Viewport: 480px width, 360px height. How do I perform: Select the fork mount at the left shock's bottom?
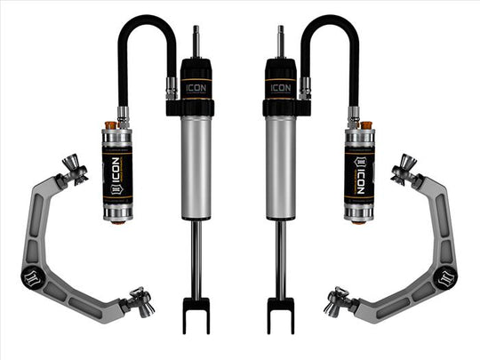196,313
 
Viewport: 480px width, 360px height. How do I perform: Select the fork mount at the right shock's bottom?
281,313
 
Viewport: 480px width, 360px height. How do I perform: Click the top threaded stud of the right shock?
282,41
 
